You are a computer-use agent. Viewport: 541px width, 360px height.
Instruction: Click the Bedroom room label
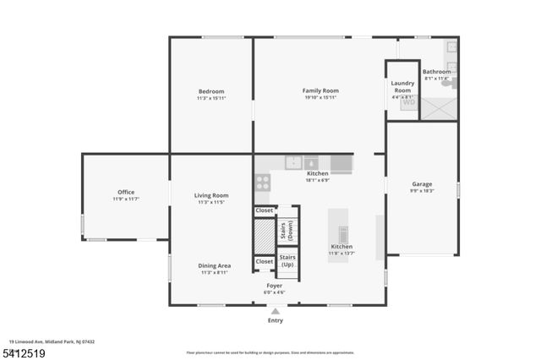click(x=211, y=91)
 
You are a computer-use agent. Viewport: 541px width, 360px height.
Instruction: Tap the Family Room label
click(x=320, y=90)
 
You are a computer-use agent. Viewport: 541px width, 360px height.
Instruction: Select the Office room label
click(x=125, y=192)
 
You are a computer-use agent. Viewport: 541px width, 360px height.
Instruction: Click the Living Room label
click(x=211, y=195)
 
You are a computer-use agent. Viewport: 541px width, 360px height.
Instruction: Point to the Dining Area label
click(x=214, y=265)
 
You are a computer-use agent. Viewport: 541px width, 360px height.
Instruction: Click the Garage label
click(x=422, y=184)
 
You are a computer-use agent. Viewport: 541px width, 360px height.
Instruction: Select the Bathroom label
click(x=437, y=72)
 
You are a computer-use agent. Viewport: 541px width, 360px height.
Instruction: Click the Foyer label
click(x=275, y=286)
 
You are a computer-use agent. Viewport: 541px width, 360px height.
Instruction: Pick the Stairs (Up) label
click(x=287, y=260)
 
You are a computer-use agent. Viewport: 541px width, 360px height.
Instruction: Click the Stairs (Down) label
click(x=288, y=225)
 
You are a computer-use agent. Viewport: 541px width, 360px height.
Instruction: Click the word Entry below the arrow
click(x=276, y=320)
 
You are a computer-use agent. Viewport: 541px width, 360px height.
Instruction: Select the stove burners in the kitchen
click(x=262, y=181)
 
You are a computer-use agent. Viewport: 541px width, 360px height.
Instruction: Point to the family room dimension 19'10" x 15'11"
click(x=320, y=97)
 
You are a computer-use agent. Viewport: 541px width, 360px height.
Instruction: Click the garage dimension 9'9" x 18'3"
click(x=422, y=191)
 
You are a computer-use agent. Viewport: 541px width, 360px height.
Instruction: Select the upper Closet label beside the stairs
click(x=265, y=210)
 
